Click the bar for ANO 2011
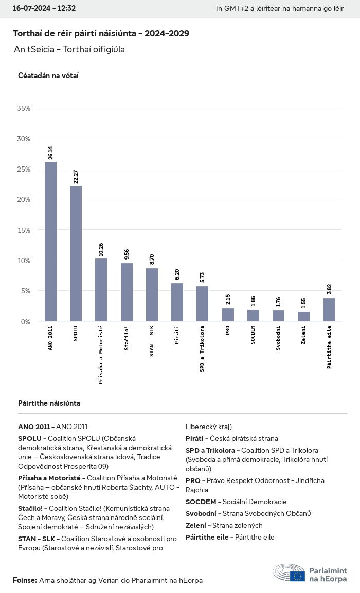point(50,242)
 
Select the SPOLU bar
point(76,253)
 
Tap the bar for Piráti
point(177,302)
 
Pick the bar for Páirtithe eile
point(329,309)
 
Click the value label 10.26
point(101,250)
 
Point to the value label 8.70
point(152,260)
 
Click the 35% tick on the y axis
point(24,108)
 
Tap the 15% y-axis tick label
point(24,230)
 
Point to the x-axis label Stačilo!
point(127,340)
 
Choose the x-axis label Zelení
point(303,336)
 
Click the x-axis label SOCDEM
point(253,336)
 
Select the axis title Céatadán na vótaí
point(48,76)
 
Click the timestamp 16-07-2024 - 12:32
point(44,8)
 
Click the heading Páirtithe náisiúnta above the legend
point(49,403)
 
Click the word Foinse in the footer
point(25,580)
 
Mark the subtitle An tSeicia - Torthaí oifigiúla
point(69,50)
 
